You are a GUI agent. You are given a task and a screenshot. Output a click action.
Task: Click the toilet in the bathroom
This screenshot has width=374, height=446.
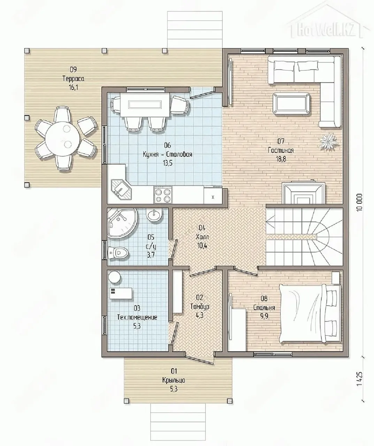[x=119, y=253]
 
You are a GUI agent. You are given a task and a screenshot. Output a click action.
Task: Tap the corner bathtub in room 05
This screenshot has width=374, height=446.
[x=121, y=223]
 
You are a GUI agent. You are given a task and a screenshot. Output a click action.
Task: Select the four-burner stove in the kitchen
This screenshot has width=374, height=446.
[x=163, y=194]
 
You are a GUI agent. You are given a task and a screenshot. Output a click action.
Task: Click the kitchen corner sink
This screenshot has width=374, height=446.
[x=121, y=189]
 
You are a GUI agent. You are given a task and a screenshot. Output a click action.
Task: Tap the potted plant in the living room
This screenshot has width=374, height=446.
[x=328, y=142]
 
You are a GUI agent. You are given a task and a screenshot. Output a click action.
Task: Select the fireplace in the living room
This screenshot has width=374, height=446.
[x=304, y=193]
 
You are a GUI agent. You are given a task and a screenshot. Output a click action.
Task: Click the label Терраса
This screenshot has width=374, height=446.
[x=73, y=79]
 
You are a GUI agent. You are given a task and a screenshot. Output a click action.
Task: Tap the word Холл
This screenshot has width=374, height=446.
[x=202, y=237]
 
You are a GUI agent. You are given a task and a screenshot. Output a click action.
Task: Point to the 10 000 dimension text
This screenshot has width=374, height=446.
[x=359, y=202]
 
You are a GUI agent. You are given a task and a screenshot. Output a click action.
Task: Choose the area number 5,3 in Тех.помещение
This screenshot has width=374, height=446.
[x=137, y=326]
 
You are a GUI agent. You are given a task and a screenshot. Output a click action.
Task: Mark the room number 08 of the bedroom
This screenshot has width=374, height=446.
[x=264, y=298]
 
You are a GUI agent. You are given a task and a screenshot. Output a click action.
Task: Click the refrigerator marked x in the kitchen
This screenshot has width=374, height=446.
[x=213, y=195]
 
